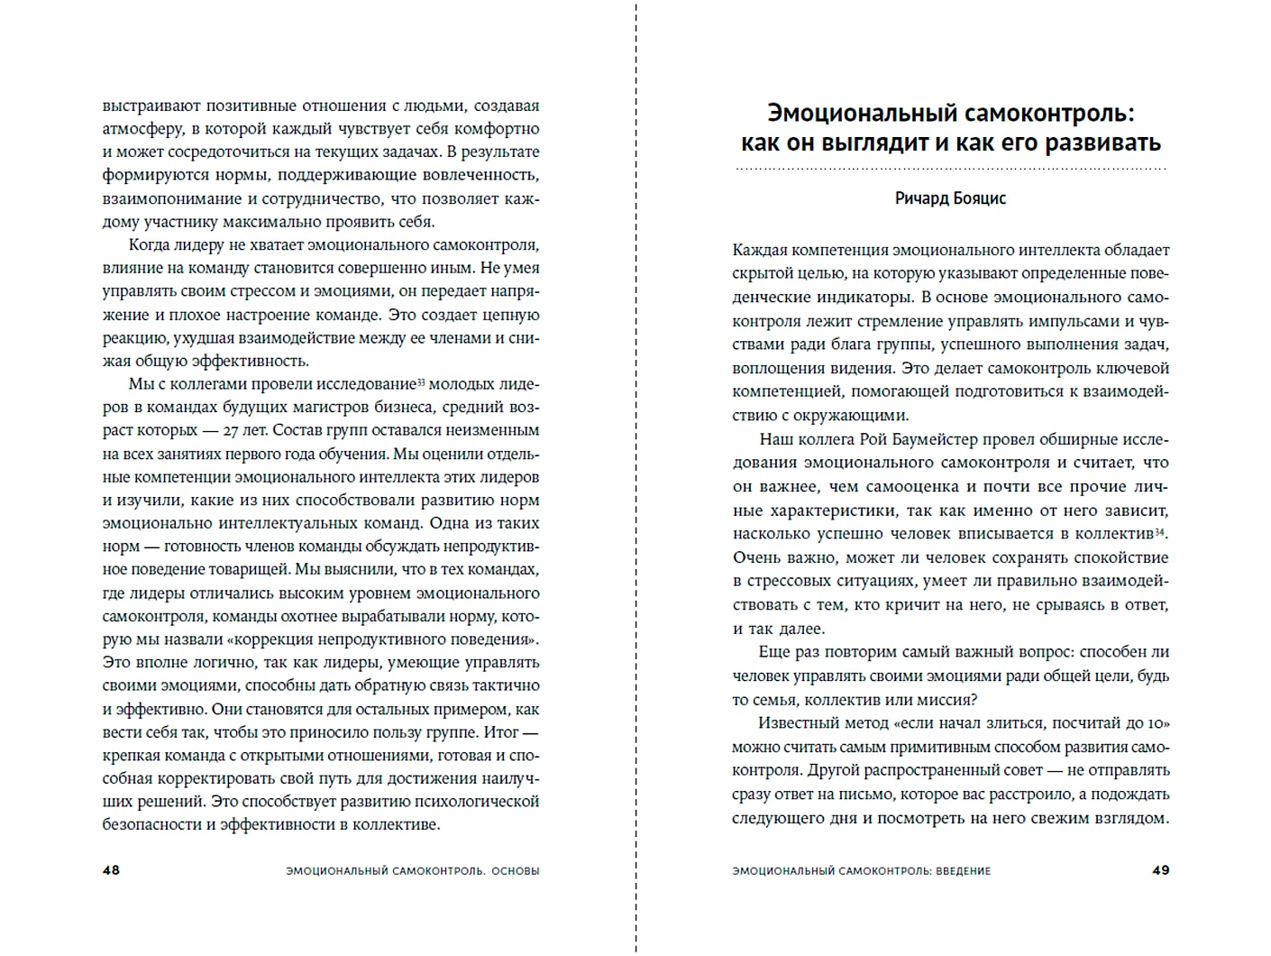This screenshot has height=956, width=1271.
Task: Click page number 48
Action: click(111, 870)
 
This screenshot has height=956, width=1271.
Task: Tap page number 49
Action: click(1160, 870)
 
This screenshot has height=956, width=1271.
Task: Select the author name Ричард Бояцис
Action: click(950, 198)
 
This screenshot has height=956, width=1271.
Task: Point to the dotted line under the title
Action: click(950, 169)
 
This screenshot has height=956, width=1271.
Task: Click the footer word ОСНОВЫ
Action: click(517, 871)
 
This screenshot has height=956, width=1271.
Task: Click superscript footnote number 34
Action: click(1160, 530)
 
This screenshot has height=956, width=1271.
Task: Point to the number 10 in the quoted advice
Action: click(1159, 723)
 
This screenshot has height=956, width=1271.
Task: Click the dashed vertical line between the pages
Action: click(636, 478)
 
